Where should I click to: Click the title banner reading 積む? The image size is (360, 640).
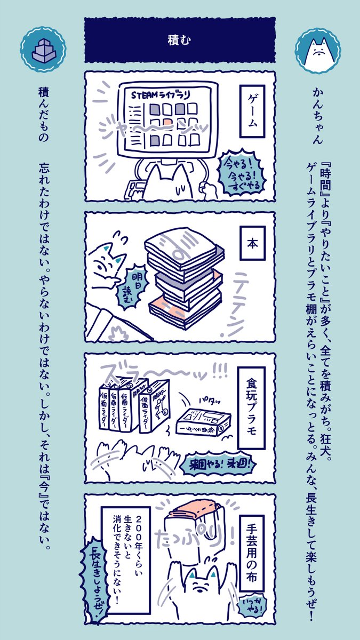pyautogui.click(x=179, y=40)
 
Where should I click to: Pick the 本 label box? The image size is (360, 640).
pyautogui.click(x=253, y=243)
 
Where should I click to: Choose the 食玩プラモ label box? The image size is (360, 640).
pyautogui.click(x=253, y=400)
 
